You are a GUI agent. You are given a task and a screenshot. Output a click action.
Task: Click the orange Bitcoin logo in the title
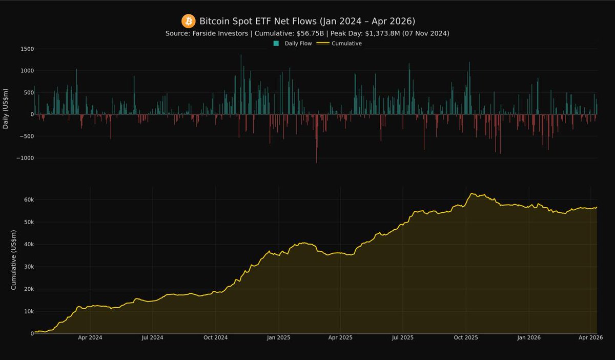[189, 21]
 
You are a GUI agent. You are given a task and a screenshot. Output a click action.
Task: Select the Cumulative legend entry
[346, 44]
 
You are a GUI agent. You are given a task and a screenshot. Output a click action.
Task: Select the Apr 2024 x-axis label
[90, 338]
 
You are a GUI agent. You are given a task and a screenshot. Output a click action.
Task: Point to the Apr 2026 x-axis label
[591, 338]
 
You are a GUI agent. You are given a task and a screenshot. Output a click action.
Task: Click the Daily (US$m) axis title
[6, 109]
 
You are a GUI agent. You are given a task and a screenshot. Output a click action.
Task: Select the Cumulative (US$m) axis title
[14, 260]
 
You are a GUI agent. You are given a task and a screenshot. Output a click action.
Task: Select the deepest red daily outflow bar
[316, 138]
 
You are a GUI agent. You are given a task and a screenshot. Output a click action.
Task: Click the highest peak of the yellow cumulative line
[471, 194]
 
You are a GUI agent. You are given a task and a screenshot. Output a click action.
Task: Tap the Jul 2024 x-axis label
[152, 338]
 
